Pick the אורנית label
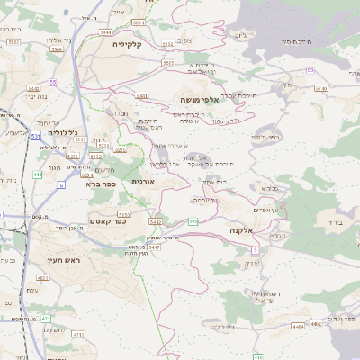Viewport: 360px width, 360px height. pyautogui.click(x=143, y=182)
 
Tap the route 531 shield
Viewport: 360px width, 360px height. pyautogui.click(x=36, y=135)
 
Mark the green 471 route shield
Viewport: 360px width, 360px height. pyautogui.click(x=46, y=318)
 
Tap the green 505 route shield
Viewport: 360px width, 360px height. pyautogui.click(x=193, y=220)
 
